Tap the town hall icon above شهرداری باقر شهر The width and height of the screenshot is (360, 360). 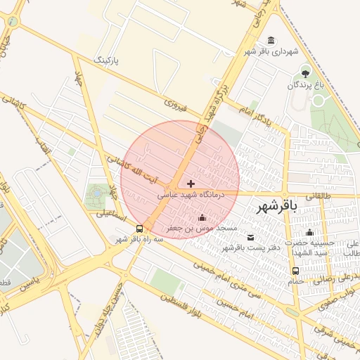click(x=272, y=40)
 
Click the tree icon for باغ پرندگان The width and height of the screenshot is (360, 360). click(x=305, y=72)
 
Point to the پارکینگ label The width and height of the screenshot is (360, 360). click(x=107, y=60)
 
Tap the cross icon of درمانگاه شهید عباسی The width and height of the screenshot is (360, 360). click(x=191, y=184)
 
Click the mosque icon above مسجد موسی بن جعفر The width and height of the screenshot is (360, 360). click(x=203, y=217)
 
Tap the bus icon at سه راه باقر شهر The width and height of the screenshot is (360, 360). click(x=140, y=229)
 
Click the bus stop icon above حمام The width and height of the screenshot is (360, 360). click(x=295, y=271)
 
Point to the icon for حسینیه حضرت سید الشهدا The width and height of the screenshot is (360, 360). click(x=309, y=233)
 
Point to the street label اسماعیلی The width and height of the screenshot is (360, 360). click(x=112, y=216)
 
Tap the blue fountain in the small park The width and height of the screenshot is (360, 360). click(x=96, y=193)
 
